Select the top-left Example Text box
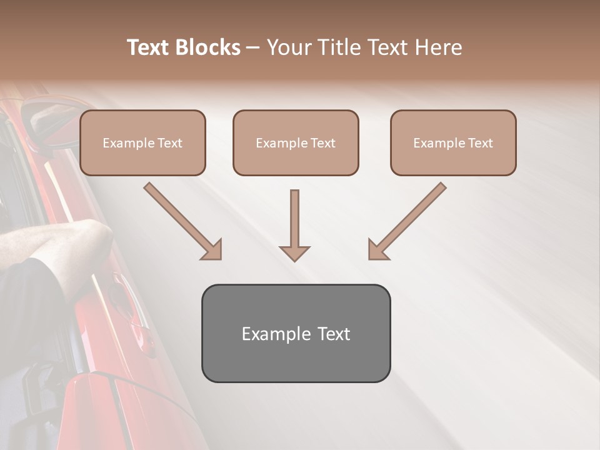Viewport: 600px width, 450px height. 142,143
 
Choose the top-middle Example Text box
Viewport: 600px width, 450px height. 296,143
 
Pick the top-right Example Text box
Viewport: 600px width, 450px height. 453,143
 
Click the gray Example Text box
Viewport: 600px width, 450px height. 296,333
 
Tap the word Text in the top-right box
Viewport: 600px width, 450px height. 480,143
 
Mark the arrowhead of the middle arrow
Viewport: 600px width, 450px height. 294,252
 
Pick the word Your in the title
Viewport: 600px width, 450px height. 287,47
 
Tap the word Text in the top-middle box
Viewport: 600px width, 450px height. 322,143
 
